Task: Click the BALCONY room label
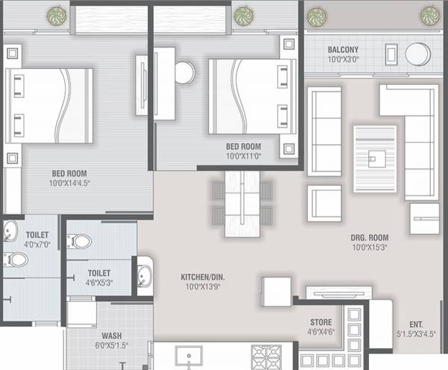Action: (x=343, y=51)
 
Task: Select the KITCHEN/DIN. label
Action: (x=202, y=277)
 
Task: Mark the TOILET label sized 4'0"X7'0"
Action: (x=37, y=235)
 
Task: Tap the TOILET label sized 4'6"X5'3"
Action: (x=99, y=274)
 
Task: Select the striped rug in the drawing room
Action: (x=376, y=158)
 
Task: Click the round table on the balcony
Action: (x=417, y=54)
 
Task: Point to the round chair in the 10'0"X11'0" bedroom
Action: (x=184, y=73)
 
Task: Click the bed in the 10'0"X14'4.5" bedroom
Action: (x=50, y=105)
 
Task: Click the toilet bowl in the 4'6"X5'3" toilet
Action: (x=80, y=241)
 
